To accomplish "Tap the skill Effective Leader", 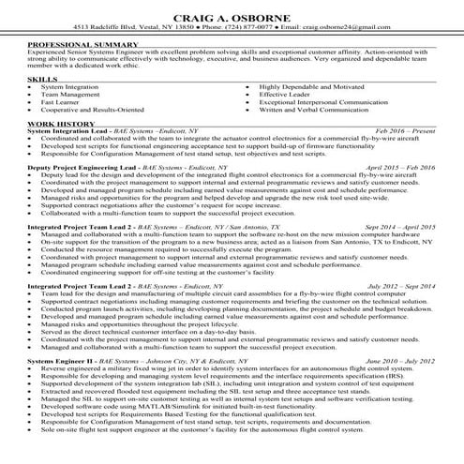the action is [286, 95].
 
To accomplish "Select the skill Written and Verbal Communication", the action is [321, 110].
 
